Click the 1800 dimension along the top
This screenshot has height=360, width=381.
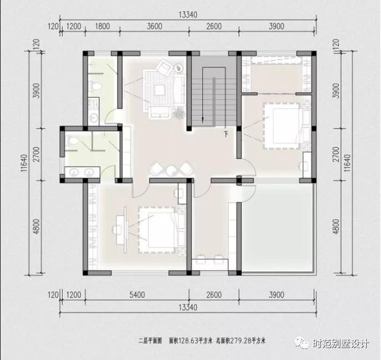(102, 26)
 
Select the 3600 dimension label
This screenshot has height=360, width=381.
(155, 26)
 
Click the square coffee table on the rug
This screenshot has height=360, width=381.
(159, 91)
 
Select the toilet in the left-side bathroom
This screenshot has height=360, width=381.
(72, 141)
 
